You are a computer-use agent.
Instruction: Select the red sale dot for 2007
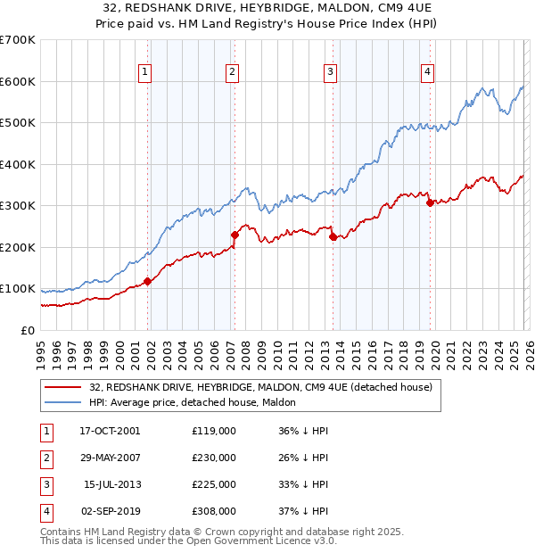click(x=235, y=235)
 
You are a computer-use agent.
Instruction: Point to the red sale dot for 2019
click(x=430, y=202)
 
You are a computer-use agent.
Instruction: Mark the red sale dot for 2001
click(x=148, y=281)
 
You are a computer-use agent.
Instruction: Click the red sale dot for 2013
click(x=333, y=237)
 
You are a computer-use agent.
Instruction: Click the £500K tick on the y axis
click(x=17, y=123)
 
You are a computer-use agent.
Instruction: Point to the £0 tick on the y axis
click(x=27, y=331)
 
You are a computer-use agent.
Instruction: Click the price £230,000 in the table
click(x=214, y=458)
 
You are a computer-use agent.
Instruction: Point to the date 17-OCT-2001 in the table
click(x=110, y=431)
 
